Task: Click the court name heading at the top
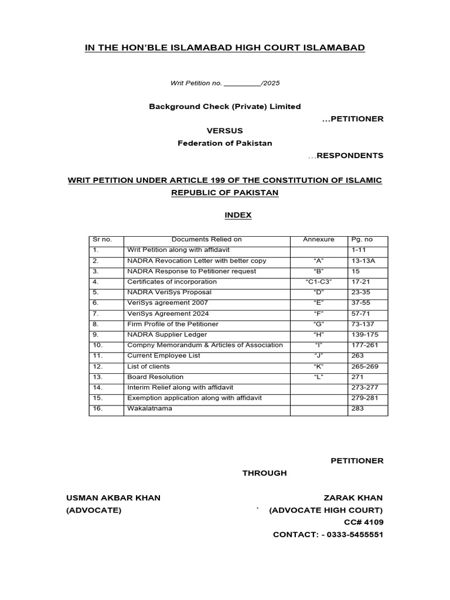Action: click(x=225, y=47)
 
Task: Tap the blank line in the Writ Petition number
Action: click(x=242, y=84)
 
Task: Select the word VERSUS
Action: click(x=224, y=131)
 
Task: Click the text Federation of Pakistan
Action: click(x=225, y=144)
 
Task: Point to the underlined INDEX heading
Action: click(x=238, y=215)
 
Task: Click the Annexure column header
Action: click(x=319, y=240)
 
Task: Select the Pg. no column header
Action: click(x=362, y=240)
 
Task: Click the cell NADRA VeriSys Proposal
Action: click(x=169, y=292)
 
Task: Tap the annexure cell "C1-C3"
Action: click(x=319, y=282)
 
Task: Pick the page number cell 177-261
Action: click(x=364, y=345)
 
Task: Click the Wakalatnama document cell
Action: click(x=150, y=408)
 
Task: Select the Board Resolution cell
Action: click(x=155, y=377)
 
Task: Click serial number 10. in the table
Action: click(x=97, y=345)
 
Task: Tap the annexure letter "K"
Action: click(x=319, y=366)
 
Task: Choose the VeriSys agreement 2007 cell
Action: click(x=168, y=303)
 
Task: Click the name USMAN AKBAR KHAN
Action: click(x=113, y=498)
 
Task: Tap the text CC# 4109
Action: click(x=363, y=522)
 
